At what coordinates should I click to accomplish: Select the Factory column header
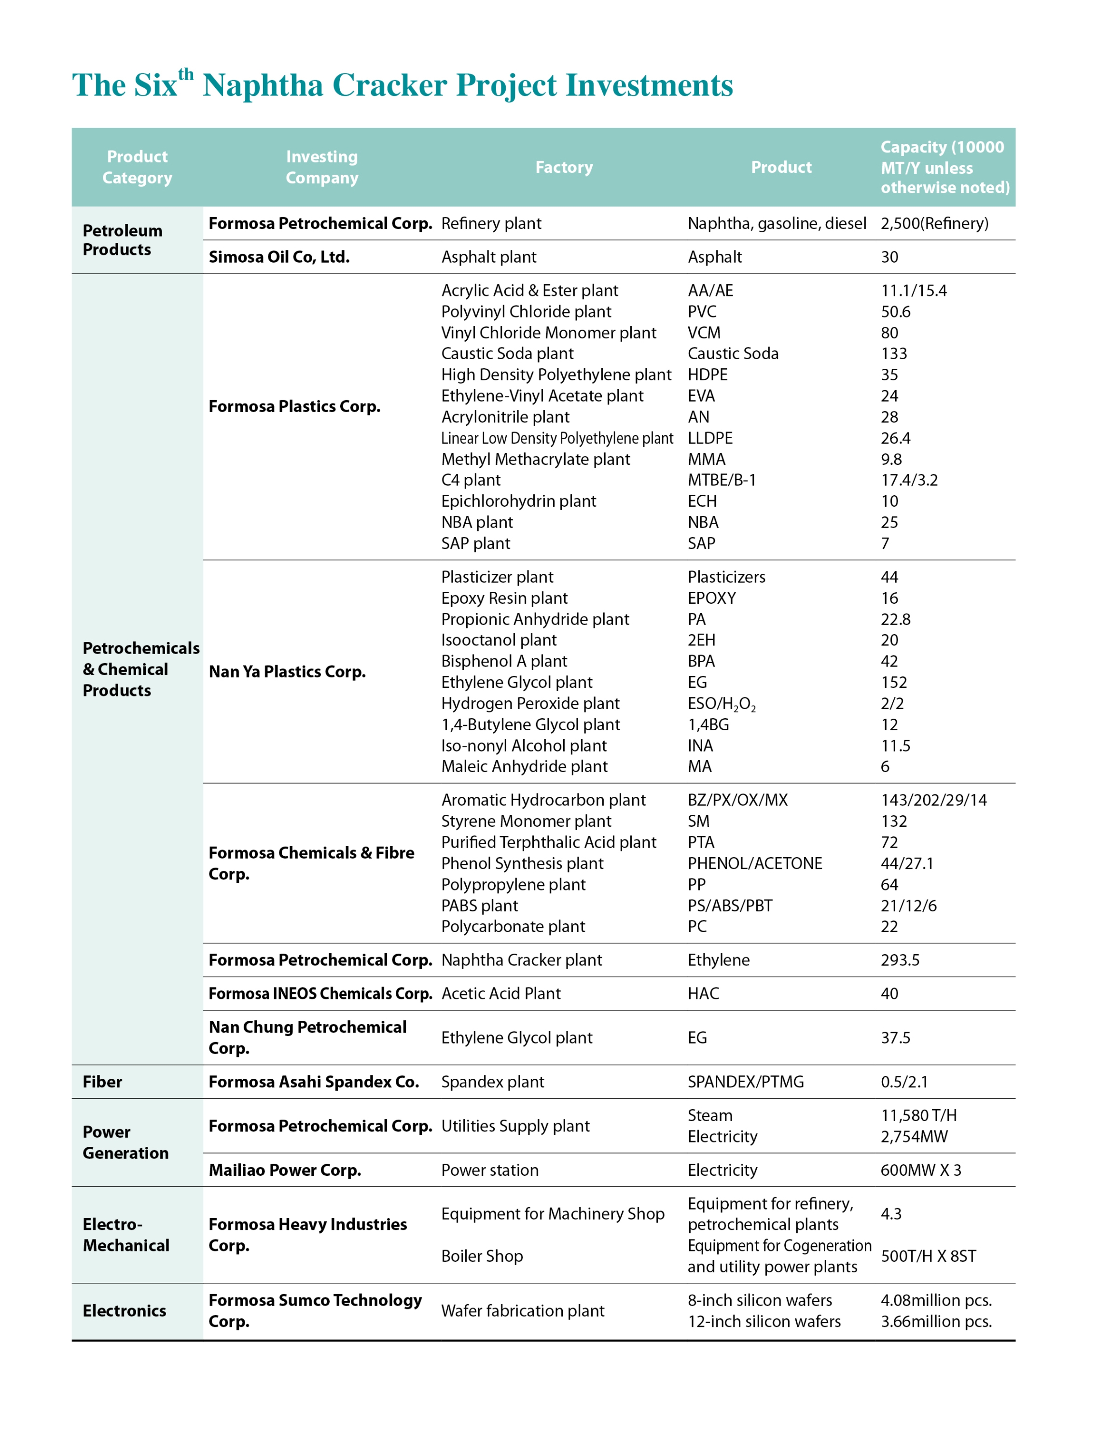564,167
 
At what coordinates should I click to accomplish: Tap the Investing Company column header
321,167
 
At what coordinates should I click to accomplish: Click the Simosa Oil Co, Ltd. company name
279,257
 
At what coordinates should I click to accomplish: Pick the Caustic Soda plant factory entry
507,354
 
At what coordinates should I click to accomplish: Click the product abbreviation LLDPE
709,439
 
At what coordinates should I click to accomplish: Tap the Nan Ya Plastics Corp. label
287,672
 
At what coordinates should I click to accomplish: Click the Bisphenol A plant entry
504,662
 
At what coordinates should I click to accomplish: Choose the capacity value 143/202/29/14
933,801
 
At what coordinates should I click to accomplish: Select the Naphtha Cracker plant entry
521,961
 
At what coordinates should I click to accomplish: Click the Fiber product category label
102,1082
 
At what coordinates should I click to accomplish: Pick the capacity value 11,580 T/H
918,1115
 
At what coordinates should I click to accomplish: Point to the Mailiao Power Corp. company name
285,1170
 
